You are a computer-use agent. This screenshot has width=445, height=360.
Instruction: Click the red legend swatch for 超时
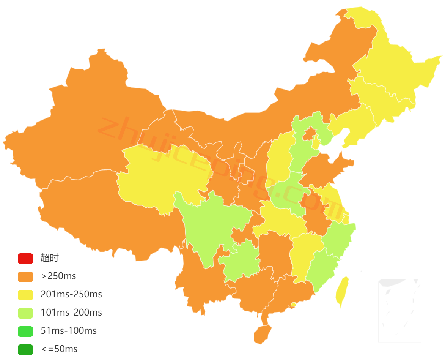pos(25,258)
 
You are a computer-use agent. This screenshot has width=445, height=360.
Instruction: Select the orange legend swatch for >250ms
pos(25,276)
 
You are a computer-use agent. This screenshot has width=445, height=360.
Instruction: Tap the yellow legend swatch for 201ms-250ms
pos(25,294)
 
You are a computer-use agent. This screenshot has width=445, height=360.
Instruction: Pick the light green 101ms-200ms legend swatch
pos(25,313)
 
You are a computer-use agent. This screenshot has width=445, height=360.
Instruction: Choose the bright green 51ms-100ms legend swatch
pos(25,331)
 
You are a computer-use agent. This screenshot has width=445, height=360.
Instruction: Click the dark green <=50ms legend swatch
pos(25,349)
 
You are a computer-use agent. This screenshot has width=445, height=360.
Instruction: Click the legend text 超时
pos(50,258)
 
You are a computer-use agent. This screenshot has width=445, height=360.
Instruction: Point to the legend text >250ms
pos(58,276)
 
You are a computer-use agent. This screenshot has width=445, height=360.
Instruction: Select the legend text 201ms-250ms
pos(71,294)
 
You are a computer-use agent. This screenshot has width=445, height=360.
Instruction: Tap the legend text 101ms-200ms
pos(71,313)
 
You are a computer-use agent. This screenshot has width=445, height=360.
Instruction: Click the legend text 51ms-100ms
pos(69,331)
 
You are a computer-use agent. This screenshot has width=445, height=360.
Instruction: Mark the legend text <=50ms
pos(59,349)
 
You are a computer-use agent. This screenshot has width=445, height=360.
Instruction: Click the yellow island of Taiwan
pos(342,291)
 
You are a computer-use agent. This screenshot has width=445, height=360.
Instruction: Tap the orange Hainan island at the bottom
pos(263,334)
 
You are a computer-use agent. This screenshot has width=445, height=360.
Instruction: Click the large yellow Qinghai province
pos(159,175)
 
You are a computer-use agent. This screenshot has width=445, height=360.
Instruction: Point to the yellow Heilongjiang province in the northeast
pos(395,68)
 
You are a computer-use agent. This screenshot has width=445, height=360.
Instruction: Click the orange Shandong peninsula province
pos(326,167)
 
